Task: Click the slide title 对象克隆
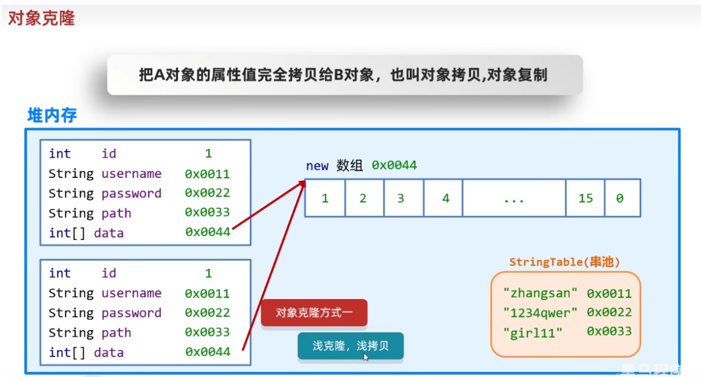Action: click(42, 18)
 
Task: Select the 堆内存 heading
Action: click(52, 115)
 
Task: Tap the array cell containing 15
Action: click(586, 198)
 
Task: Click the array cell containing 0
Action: click(620, 198)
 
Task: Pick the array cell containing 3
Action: click(401, 198)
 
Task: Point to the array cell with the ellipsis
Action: click(514, 198)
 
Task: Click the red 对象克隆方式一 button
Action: click(314, 313)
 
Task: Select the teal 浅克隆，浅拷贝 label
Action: click(350, 345)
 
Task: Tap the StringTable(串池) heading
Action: click(565, 262)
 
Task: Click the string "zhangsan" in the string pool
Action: click(541, 293)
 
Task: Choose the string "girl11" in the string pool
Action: click(532, 333)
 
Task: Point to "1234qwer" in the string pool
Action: click(541, 313)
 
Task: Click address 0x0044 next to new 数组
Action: click(394, 166)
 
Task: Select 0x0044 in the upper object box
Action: click(207, 232)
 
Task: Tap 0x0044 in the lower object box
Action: click(207, 352)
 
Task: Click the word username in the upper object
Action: click(131, 174)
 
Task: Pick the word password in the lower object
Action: click(131, 313)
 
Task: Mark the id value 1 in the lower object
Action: click(208, 273)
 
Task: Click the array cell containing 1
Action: click(325, 198)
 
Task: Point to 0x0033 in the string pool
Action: click(609, 331)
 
